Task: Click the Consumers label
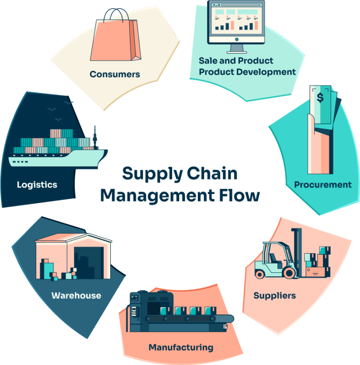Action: point(114,74)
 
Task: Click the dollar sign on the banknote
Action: point(320,97)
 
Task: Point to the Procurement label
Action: point(323,185)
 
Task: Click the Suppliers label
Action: point(274,296)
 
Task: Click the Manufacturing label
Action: point(181,347)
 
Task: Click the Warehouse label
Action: point(76,296)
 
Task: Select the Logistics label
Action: point(37,185)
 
